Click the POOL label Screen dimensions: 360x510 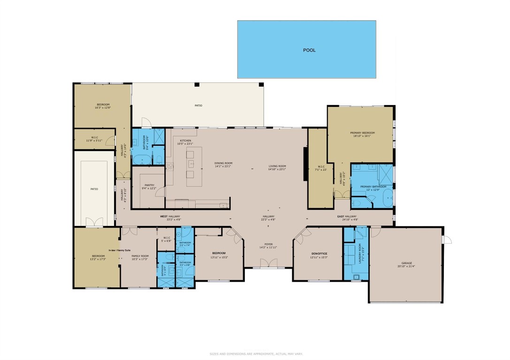[x=309, y=50]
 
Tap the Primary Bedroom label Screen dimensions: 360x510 [x=362, y=133]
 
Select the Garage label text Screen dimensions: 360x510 [x=406, y=263]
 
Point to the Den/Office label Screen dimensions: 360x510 [x=318, y=254]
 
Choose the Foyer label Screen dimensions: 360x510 [x=268, y=244]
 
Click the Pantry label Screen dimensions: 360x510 [x=149, y=185]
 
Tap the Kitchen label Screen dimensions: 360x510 [x=185, y=141]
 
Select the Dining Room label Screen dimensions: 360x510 [x=223, y=163]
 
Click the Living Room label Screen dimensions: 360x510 [x=277, y=166]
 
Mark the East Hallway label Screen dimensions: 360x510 [x=347, y=216]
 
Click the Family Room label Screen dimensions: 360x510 [x=140, y=256]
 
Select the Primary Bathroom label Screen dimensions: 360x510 [x=373, y=187]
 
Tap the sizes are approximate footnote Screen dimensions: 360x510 [x=255, y=354]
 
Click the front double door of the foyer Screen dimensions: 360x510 [x=268, y=262]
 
